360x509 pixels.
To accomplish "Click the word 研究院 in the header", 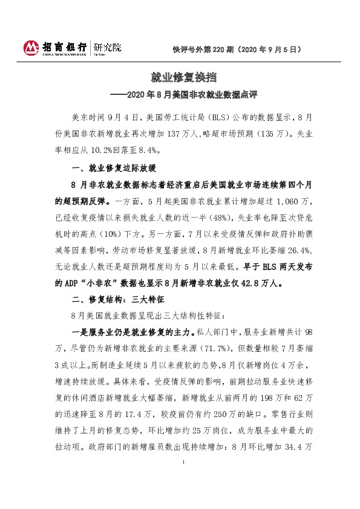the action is pyautogui.click(x=107, y=45).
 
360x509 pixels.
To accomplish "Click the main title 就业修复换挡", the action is pyautogui.click(x=180, y=77).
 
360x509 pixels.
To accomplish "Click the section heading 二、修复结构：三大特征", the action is pyautogui.click(x=122, y=299).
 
